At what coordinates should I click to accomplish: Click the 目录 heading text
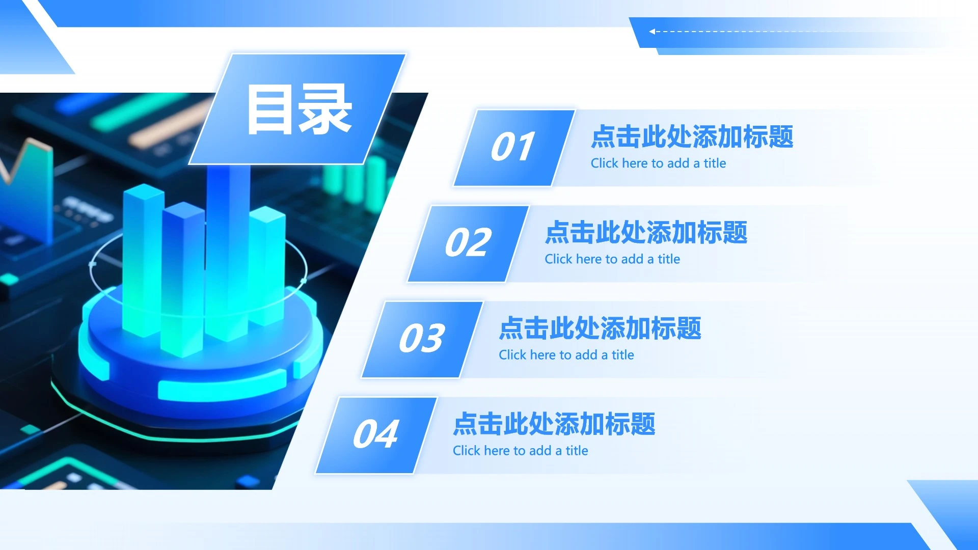point(300,109)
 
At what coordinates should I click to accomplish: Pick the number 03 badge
point(422,339)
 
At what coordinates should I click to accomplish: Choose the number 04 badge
point(376,434)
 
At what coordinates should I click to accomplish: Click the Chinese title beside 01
point(692,136)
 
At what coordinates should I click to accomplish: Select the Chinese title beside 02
point(646,232)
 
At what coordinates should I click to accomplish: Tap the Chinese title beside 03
point(600,328)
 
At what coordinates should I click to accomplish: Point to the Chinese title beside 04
point(554,424)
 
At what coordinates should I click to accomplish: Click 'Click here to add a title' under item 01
point(658,163)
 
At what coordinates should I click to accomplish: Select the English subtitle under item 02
point(612,259)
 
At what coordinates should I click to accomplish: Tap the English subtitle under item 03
point(566,355)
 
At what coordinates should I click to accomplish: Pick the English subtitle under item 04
point(520,451)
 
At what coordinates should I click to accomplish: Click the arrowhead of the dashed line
point(652,32)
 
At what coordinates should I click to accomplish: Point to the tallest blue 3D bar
point(227,244)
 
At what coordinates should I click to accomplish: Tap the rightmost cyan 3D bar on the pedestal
point(267,265)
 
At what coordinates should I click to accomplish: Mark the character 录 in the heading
point(325,109)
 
